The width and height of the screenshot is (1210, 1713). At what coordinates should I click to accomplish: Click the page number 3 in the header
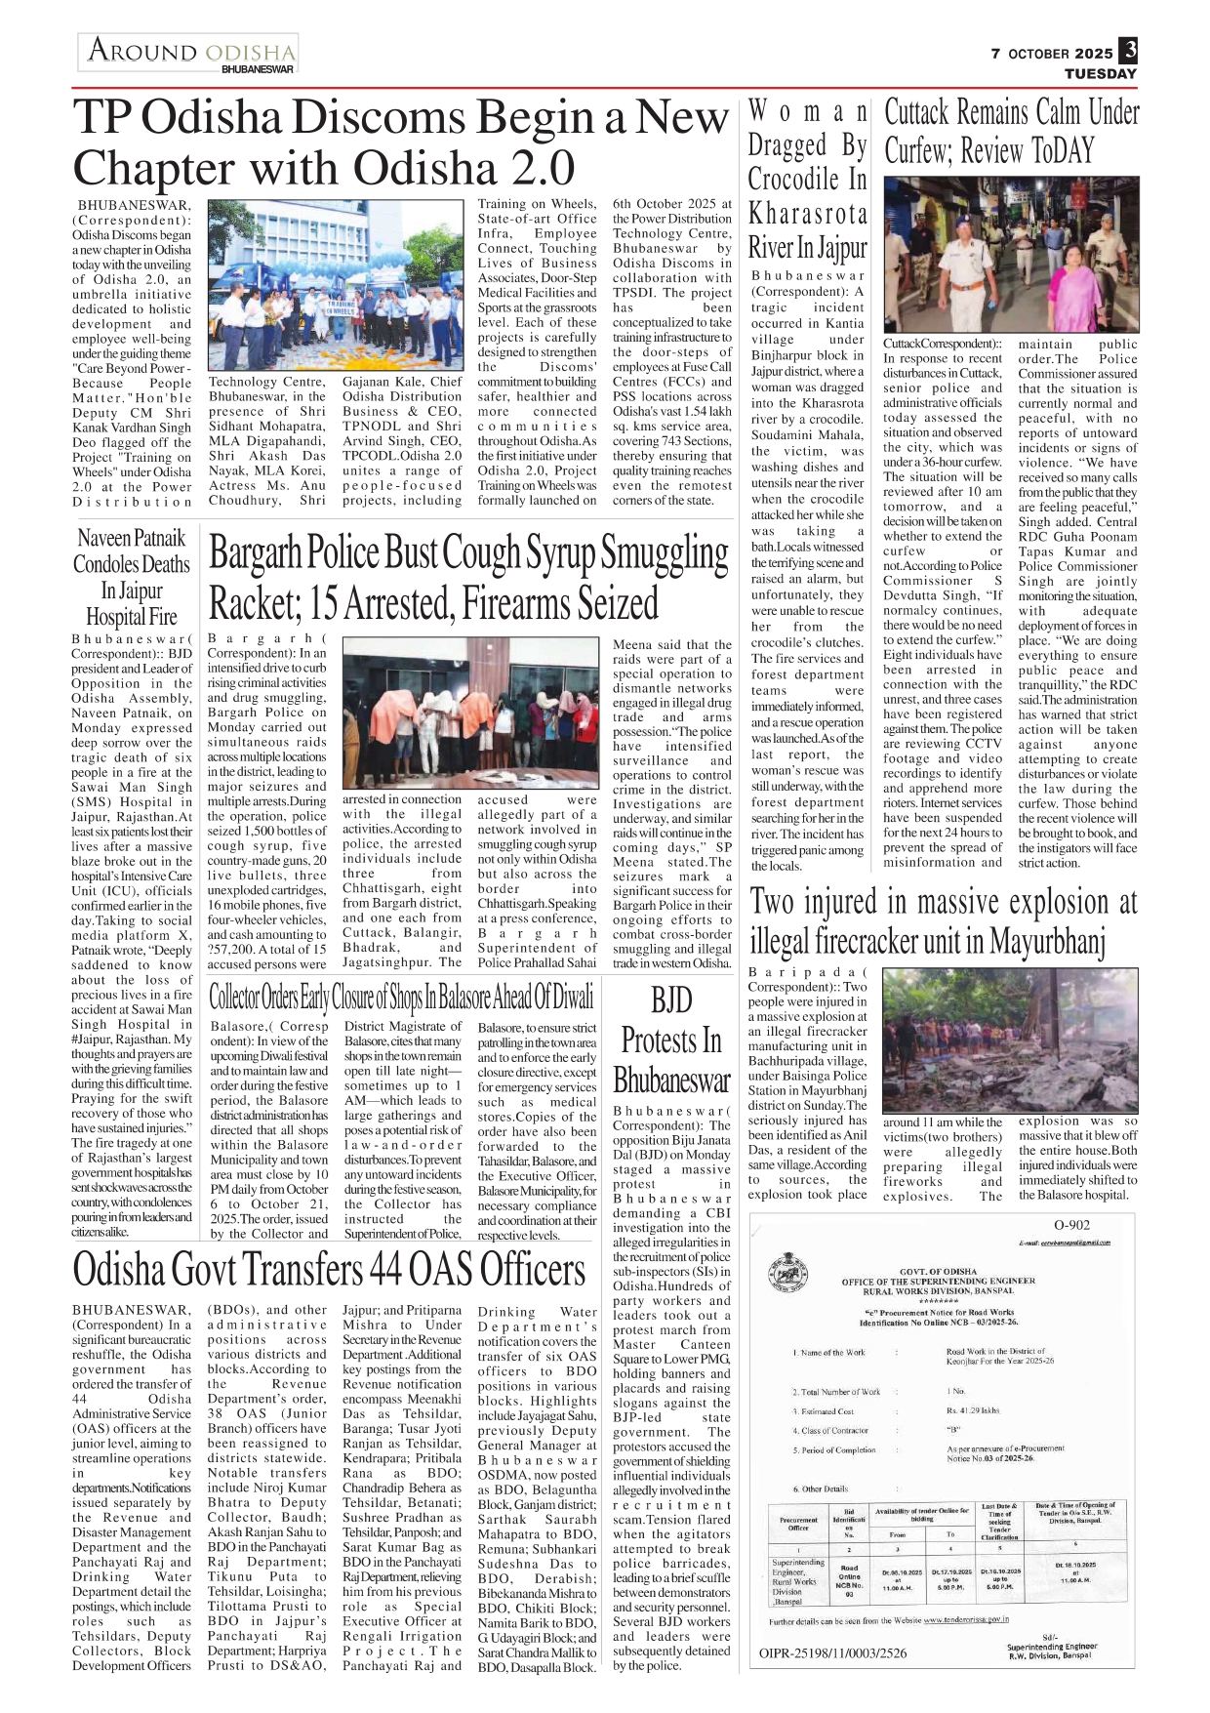pos(1128,51)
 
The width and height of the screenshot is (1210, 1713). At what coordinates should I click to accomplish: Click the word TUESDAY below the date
pos(1100,73)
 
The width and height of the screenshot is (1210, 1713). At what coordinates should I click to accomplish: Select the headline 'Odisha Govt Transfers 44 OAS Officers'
pos(330,1270)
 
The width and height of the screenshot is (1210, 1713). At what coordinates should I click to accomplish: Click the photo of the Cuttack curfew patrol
pos(1011,254)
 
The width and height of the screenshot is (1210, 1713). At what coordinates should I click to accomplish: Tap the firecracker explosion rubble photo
pos(1010,1040)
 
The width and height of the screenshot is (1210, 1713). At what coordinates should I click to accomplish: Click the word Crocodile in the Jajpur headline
pos(807,180)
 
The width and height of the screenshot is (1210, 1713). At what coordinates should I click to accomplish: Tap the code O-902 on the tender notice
pos(1071,1226)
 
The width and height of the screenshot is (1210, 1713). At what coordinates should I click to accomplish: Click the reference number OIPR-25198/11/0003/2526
pos(832,1652)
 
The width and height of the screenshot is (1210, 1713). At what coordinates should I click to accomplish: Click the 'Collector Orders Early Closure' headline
pos(401,997)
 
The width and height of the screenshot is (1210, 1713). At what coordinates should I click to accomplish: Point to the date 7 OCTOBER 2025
pos(1051,54)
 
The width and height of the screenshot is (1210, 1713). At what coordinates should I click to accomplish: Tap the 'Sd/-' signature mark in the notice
pos(1049,1636)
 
